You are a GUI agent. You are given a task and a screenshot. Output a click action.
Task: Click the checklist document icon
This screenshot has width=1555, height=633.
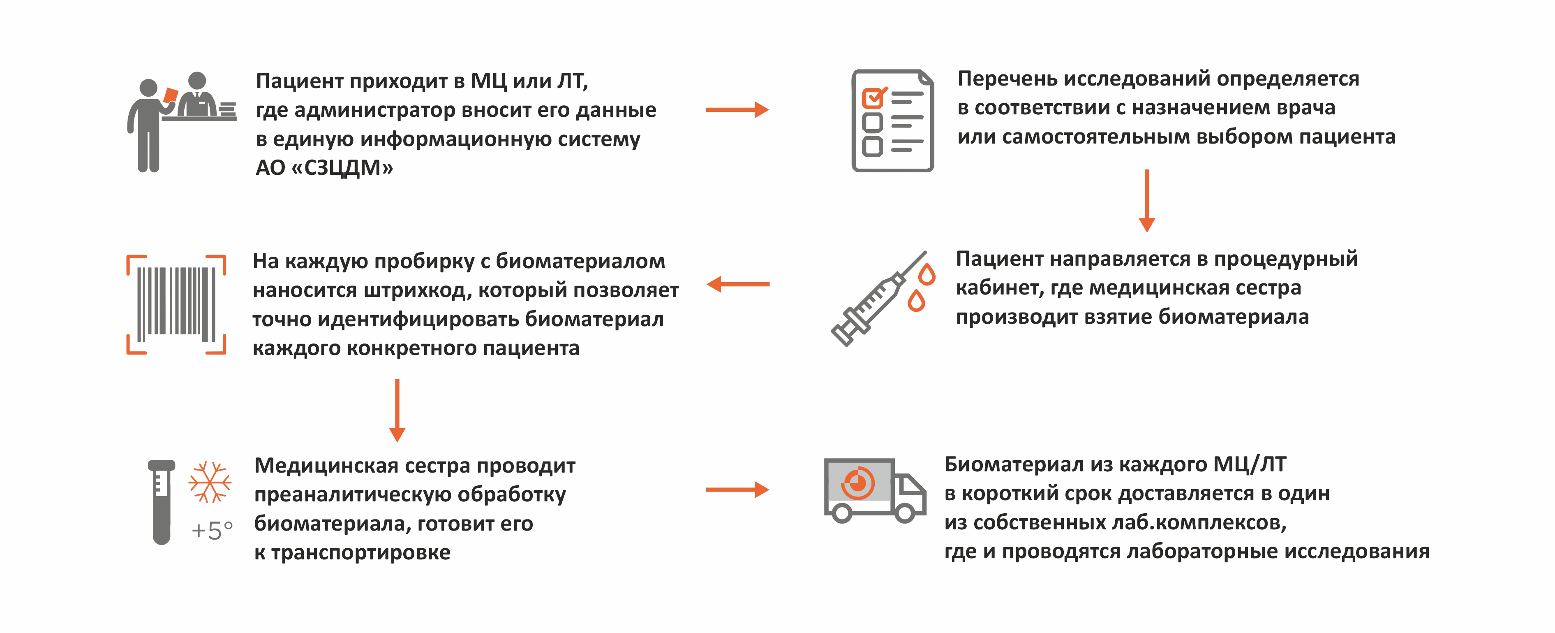pyautogui.click(x=892, y=121)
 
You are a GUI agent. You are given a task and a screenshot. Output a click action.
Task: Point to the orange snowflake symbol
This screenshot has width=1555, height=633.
pyautogui.click(x=210, y=482)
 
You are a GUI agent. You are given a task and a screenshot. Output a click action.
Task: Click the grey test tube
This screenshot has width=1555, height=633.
pyautogui.click(x=161, y=501)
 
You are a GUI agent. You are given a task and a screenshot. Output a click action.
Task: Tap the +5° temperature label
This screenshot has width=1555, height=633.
pyautogui.click(x=212, y=530)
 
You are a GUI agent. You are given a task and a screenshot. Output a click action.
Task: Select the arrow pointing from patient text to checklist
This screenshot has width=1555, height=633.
pyautogui.click(x=737, y=110)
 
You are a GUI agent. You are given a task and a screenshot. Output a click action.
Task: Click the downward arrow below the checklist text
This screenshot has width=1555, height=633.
pyautogui.click(x=1146, y=201)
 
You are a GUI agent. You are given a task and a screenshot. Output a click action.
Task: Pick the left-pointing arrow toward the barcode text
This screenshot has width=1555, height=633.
pyautogui.click(x=738, y=284)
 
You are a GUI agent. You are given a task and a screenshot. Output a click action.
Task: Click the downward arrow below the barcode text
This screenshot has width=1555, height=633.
pyautogui.click(x=397, y=411)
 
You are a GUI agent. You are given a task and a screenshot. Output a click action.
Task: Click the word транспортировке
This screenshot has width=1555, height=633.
pyautogui.click(x=360, y=553)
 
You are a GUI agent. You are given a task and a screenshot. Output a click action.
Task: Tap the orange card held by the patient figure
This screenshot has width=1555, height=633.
pyautogui.click(x=171, y=95)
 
